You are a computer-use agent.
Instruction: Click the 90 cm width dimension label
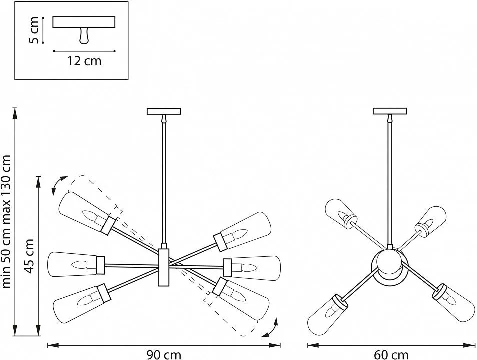164,355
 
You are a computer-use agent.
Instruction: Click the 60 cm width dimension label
391,355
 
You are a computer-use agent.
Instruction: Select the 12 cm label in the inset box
84,61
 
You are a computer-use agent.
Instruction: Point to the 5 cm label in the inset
33,30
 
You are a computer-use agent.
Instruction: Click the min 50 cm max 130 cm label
6,221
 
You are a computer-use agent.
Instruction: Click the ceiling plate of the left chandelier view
164,111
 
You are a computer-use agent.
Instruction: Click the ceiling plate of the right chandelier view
390,111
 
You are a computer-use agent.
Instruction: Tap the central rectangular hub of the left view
164,267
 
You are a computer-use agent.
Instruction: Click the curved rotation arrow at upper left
59,185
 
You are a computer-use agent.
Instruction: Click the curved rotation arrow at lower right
270,328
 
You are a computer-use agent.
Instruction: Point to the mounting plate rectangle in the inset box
84,22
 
